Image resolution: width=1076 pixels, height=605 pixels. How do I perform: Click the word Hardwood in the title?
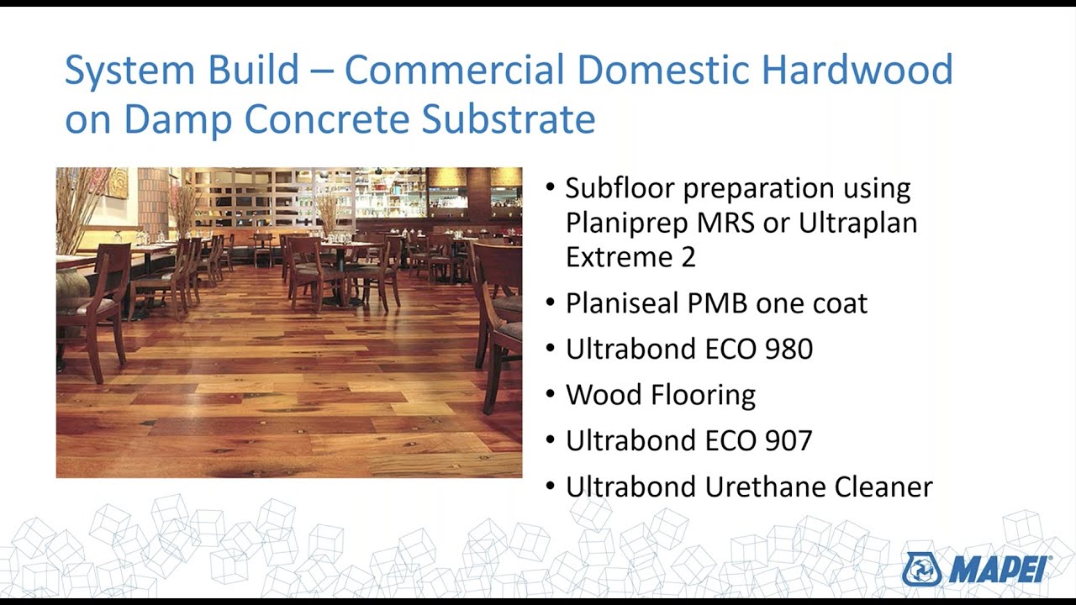pos(857,70)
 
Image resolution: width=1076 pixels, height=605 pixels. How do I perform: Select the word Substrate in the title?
pos(509,118)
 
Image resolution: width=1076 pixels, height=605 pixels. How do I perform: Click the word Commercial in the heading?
pos(454,70)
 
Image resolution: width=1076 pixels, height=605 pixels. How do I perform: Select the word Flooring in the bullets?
pos(704,396)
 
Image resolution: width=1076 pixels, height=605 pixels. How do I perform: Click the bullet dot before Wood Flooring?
pos(551,394)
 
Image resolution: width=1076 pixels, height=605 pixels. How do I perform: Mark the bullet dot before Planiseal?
pos(551,303)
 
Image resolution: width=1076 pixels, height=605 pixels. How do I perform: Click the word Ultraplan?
pos(858,224)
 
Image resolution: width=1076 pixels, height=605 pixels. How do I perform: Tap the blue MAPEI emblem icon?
pos(921,570)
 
